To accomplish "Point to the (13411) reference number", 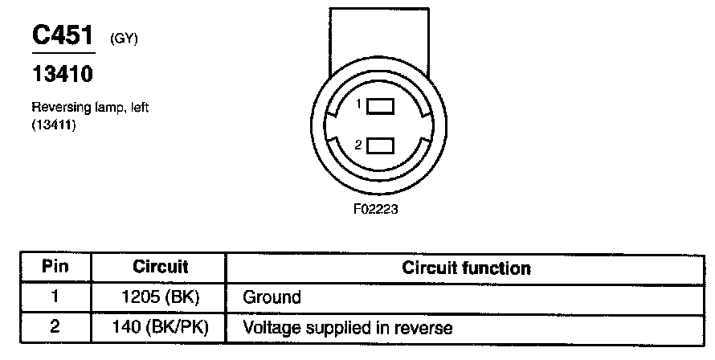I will pyautogui.click(x=54, y=124).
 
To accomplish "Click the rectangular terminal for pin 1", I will pyautogui.click(x=381, y=106).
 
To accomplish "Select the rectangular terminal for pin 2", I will pyautogui.click(x=381, y=145).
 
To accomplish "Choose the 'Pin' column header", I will pyautogui.click(x=55, y=267).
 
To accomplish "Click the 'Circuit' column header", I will pyautogui.click(x=160, y=267).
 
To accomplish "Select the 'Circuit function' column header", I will pyautogui.click(x=466, y=267).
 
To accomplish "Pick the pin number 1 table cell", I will pyautogui.click(x=55, y=297).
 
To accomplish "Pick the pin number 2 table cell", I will pyautogui.click(x=55, y=327).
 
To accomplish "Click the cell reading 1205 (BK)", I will pyautogui.click(x=160, y=297).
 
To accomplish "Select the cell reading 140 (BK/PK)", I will pyautogui.click(x=160, y=327).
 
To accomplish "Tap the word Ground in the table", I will pyautogui.click(x=272, y=297).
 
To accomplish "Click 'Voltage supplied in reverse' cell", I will pyautogui.click(x=347, y=327).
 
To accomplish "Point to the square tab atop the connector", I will pyautogui.click(x=380, y=36).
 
